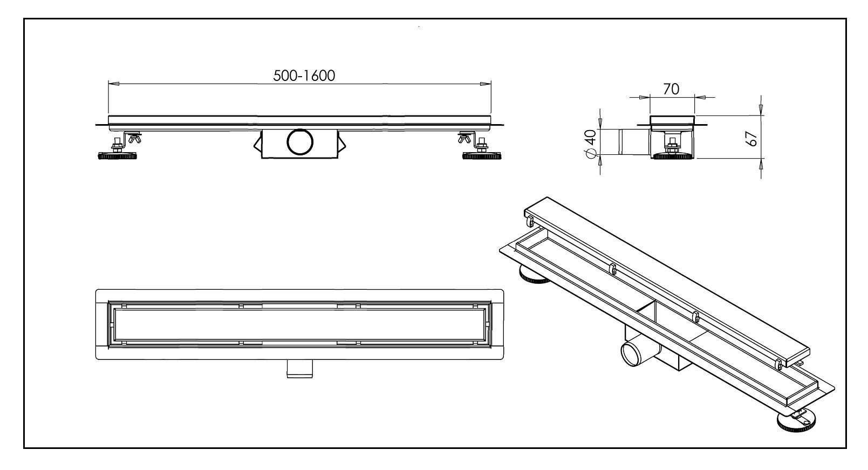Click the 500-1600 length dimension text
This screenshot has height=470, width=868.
304,76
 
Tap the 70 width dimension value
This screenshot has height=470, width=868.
671,89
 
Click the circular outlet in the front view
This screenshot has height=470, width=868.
299,142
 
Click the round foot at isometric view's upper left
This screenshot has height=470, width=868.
532,276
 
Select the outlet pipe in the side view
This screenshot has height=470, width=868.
627,142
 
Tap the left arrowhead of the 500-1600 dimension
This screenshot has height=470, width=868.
112,83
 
